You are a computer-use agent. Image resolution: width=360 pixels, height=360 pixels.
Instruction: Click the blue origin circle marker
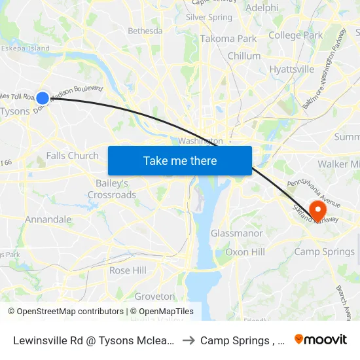tap(43, 98)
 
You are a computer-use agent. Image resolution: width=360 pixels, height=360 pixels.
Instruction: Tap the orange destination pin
tap(317, 210)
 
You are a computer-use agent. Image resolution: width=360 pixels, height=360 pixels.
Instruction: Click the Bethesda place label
tap(145, 31)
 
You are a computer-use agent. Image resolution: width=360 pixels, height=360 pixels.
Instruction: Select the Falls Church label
tap(72, 156)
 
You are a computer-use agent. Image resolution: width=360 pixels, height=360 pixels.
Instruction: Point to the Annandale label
tap(48, 219)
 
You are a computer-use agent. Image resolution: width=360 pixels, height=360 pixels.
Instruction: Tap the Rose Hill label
tap(128, 270)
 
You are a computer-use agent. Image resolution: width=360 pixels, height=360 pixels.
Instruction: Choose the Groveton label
tap(154, 297)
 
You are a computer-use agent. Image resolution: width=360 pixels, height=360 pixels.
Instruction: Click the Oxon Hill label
tap(245, 252)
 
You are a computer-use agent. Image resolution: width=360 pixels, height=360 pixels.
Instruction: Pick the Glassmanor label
tap(236, 234)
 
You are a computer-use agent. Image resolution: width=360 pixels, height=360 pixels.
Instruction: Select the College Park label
tap(295, 35)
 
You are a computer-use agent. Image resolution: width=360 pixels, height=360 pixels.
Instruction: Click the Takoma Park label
tap(228, 39)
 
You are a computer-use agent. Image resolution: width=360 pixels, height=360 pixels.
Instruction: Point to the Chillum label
tap(243, 56)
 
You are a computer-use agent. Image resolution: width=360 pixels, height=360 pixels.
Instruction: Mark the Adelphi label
tap(261, 9)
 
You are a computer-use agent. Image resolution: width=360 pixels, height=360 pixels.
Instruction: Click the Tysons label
tap(15, 111)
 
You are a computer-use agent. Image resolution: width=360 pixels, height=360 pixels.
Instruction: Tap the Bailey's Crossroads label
tap(112, 189)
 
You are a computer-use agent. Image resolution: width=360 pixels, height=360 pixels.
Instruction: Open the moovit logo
tap(321, 340)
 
